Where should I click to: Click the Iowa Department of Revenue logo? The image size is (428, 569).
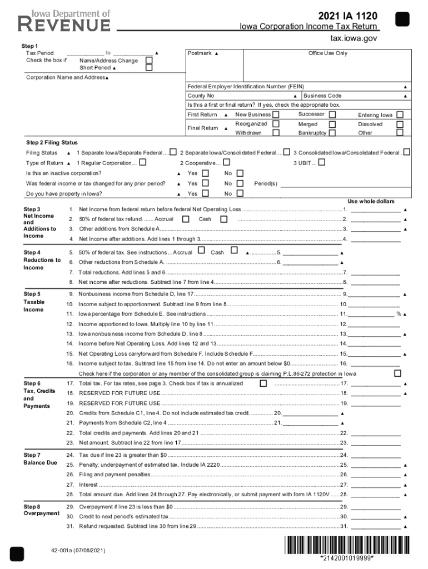point(64,21)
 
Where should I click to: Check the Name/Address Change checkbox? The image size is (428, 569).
point(148,60)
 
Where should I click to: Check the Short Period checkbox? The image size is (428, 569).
point(148,68)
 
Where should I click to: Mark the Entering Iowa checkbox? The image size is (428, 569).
point(400,114)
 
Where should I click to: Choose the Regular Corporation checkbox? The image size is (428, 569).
point(143,163)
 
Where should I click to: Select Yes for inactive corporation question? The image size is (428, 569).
point(205,173)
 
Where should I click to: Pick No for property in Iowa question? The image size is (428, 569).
point(240,193)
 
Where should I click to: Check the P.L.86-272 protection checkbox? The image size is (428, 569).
point(397,373)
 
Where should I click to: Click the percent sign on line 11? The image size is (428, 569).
point(398,315)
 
